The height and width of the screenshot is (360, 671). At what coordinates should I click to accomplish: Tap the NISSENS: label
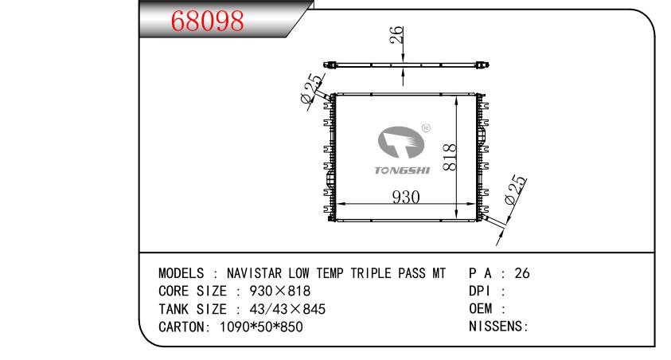click(499, 327)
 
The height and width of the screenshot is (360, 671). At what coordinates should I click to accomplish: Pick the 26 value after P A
click(522, 272)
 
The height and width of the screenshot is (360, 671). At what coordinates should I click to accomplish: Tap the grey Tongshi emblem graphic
click(401, 144)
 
